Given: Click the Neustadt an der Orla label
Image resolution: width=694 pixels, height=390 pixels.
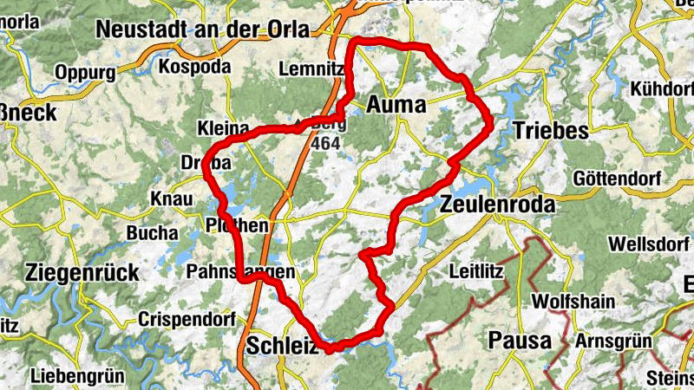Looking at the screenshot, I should (202, 29).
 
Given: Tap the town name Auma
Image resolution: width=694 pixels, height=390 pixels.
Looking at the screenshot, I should (396, 106).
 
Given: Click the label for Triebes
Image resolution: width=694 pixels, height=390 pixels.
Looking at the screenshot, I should (551, 131).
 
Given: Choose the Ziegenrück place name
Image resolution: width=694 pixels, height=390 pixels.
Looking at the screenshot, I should (82, 273).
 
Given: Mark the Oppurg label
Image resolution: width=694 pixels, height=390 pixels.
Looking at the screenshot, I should (85, 71).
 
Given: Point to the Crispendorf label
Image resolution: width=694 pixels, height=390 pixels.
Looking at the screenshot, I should (183, 320).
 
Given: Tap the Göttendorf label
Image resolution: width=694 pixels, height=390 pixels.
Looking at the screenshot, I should (617, 179).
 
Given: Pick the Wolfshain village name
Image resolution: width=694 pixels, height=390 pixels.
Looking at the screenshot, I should (573, 302).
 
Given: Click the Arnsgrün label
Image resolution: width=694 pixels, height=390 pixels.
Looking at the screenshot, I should (612, 340).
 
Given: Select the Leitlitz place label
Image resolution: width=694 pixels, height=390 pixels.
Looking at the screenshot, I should (476, 271).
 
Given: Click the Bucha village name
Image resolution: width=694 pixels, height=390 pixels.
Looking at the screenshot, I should (151, 232).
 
